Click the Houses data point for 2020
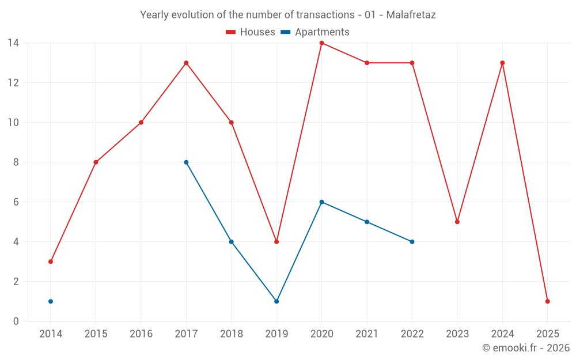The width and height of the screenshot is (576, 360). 321,43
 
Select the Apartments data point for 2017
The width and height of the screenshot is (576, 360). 186,162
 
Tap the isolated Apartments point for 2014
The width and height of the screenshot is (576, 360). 51,301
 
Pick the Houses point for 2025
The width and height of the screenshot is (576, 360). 547,301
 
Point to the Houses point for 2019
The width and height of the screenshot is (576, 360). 276,242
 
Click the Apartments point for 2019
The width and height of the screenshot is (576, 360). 276,301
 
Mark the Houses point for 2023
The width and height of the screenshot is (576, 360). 457,222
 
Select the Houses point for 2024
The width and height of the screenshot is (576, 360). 502,63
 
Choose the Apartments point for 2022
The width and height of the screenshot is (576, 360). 412,242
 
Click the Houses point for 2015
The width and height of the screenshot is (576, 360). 96,162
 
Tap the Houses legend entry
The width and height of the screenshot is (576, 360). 251,32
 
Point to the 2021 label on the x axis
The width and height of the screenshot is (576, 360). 367,334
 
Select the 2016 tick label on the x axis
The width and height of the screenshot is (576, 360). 141,334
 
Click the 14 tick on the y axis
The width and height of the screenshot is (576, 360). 13,43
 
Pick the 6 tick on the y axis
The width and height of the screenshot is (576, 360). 16,202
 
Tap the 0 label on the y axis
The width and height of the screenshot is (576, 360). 16,321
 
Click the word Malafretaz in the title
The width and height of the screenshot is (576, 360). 411,15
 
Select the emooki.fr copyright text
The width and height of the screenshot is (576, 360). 525,348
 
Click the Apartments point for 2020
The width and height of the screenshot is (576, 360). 321,202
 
